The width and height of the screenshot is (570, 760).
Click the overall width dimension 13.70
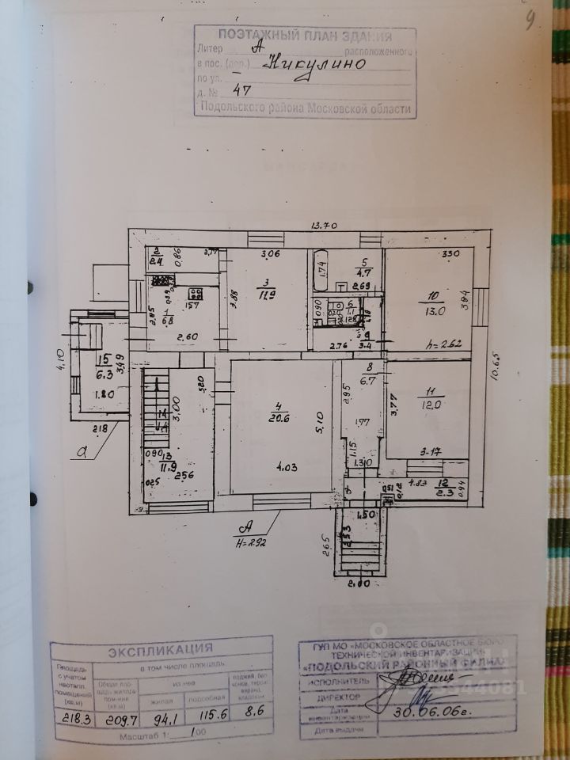click(x=325, y=226)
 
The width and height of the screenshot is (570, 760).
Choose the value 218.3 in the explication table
click(x=72, y=720)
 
